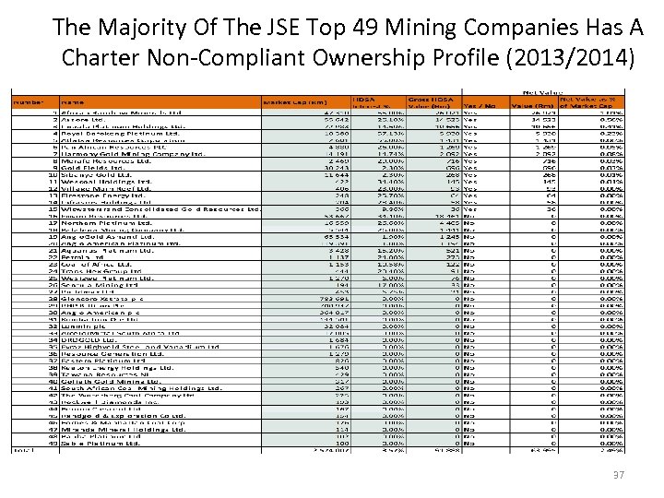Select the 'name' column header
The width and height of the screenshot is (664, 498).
[73, 101]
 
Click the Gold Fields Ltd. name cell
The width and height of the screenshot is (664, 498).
[93, 168]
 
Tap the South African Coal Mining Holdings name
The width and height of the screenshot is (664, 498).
[138, 387]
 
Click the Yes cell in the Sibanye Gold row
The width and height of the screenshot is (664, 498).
[470, 175]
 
